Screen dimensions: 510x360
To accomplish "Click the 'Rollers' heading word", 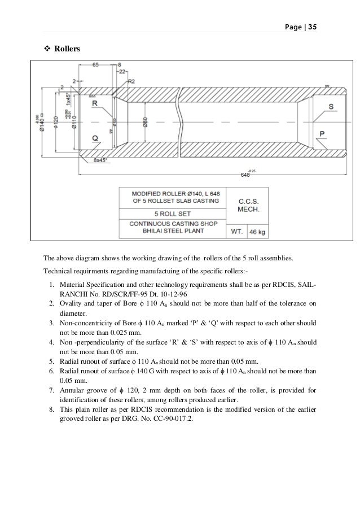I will pyautogui.click(x=67, y=49).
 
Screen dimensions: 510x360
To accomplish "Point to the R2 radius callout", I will pyautogui.click(x=131, y=81).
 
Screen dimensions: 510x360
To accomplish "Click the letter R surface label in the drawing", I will pyautogui.click(x=95, y=104).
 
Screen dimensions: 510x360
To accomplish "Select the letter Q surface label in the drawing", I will pyautogui.click(x=95, y=138).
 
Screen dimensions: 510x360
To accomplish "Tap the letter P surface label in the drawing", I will pyautogui.click(x=322, y=134).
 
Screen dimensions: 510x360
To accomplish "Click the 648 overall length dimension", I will pyautogui.click(x=245, y=175).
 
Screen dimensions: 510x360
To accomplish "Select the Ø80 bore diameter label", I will pyautogui.click(x=145, y=121).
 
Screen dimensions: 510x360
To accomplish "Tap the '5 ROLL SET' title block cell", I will pyautogui.click(x=172, y=214).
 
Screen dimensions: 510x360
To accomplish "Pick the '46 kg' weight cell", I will pyautogui.click(x=257, y=232).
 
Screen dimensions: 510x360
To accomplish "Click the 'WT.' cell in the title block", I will pyautogui.click(x=236, y=232).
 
